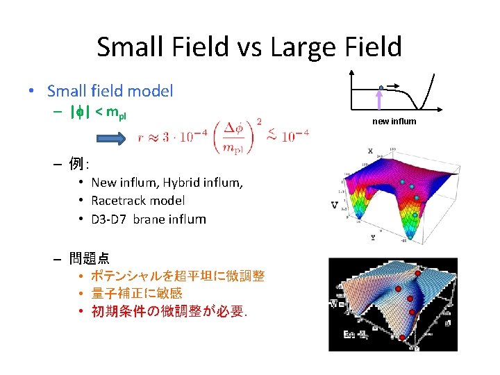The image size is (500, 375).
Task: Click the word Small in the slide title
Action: (128, 47)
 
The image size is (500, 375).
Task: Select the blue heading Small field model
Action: (110, 91)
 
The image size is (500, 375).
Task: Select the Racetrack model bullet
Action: (137, 201)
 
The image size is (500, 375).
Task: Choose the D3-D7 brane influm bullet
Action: (149, 219)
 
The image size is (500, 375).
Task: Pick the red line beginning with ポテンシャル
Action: (178, 276)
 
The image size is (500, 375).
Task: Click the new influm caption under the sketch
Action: (394, 122)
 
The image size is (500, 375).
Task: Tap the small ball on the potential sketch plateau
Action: (381, 87)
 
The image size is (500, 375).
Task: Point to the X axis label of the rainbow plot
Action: (370, 151)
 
